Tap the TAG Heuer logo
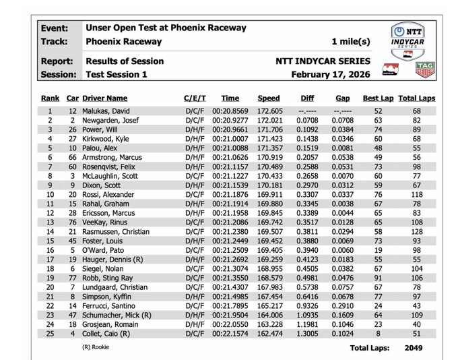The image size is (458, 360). (425, 69)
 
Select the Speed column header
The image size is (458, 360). (268, 98)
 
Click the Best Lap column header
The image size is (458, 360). (375, 98)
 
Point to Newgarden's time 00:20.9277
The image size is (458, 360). (230, 120)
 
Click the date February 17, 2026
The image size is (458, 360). (330, 74)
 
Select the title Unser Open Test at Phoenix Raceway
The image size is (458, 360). (166, 28)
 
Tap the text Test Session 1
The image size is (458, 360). (116, 74)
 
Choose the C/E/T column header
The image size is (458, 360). (195, 98)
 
